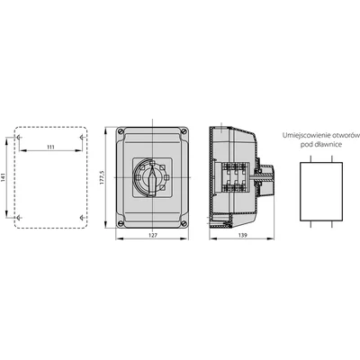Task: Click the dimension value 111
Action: [50, 147]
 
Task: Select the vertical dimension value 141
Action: [4, 177]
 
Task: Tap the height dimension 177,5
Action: [102, 177]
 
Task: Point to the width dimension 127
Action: [153, 236]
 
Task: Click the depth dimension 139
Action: [243, 236]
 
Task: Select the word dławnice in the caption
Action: [329, 144]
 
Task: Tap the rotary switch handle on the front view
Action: [153, 180]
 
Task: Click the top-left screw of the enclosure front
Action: [121, 131]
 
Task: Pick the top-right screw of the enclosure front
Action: [184, 131]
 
